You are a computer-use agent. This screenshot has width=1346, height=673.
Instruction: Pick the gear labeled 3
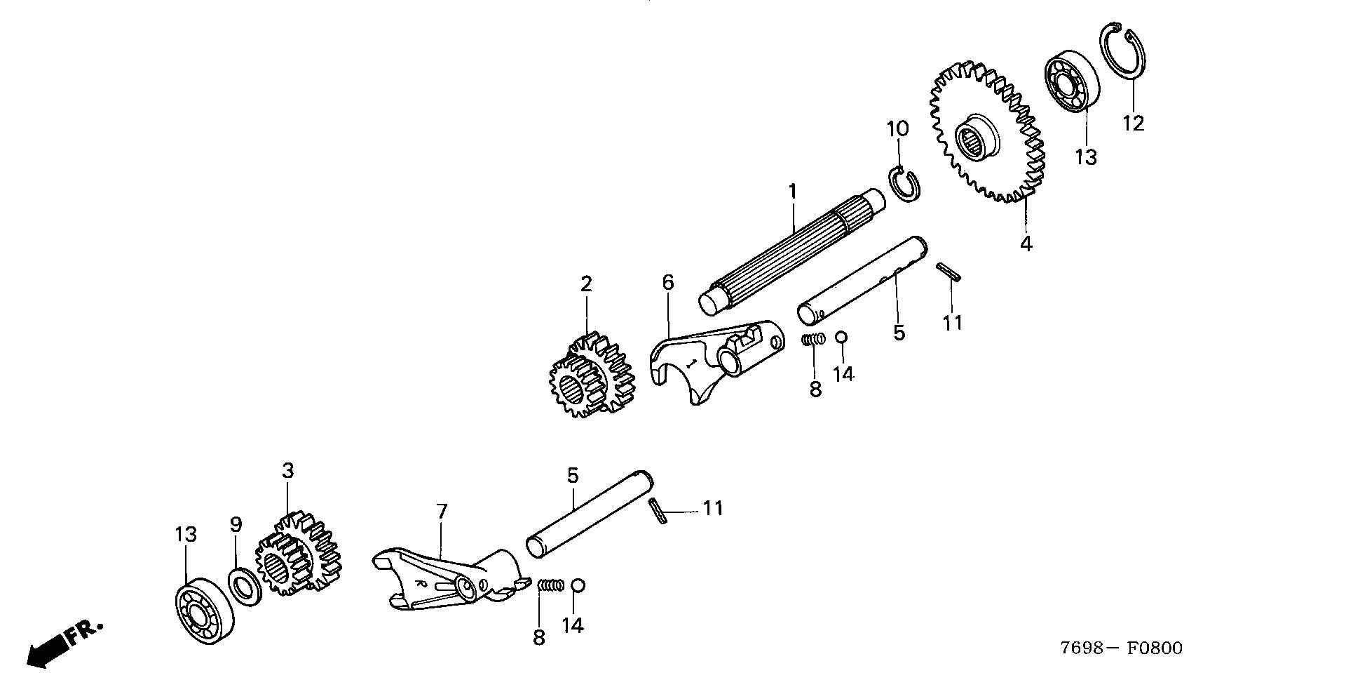point(297,554)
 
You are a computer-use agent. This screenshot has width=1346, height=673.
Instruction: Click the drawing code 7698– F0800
point(1122,648)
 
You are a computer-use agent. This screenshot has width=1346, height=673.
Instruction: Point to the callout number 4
point(1026,244)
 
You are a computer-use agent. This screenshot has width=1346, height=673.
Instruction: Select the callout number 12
point(1133,124)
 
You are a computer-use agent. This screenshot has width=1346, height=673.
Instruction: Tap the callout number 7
point(441,511)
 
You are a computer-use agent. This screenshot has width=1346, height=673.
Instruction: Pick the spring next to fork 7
point(551,585)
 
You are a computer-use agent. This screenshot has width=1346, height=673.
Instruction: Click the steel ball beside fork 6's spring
point(842,337)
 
